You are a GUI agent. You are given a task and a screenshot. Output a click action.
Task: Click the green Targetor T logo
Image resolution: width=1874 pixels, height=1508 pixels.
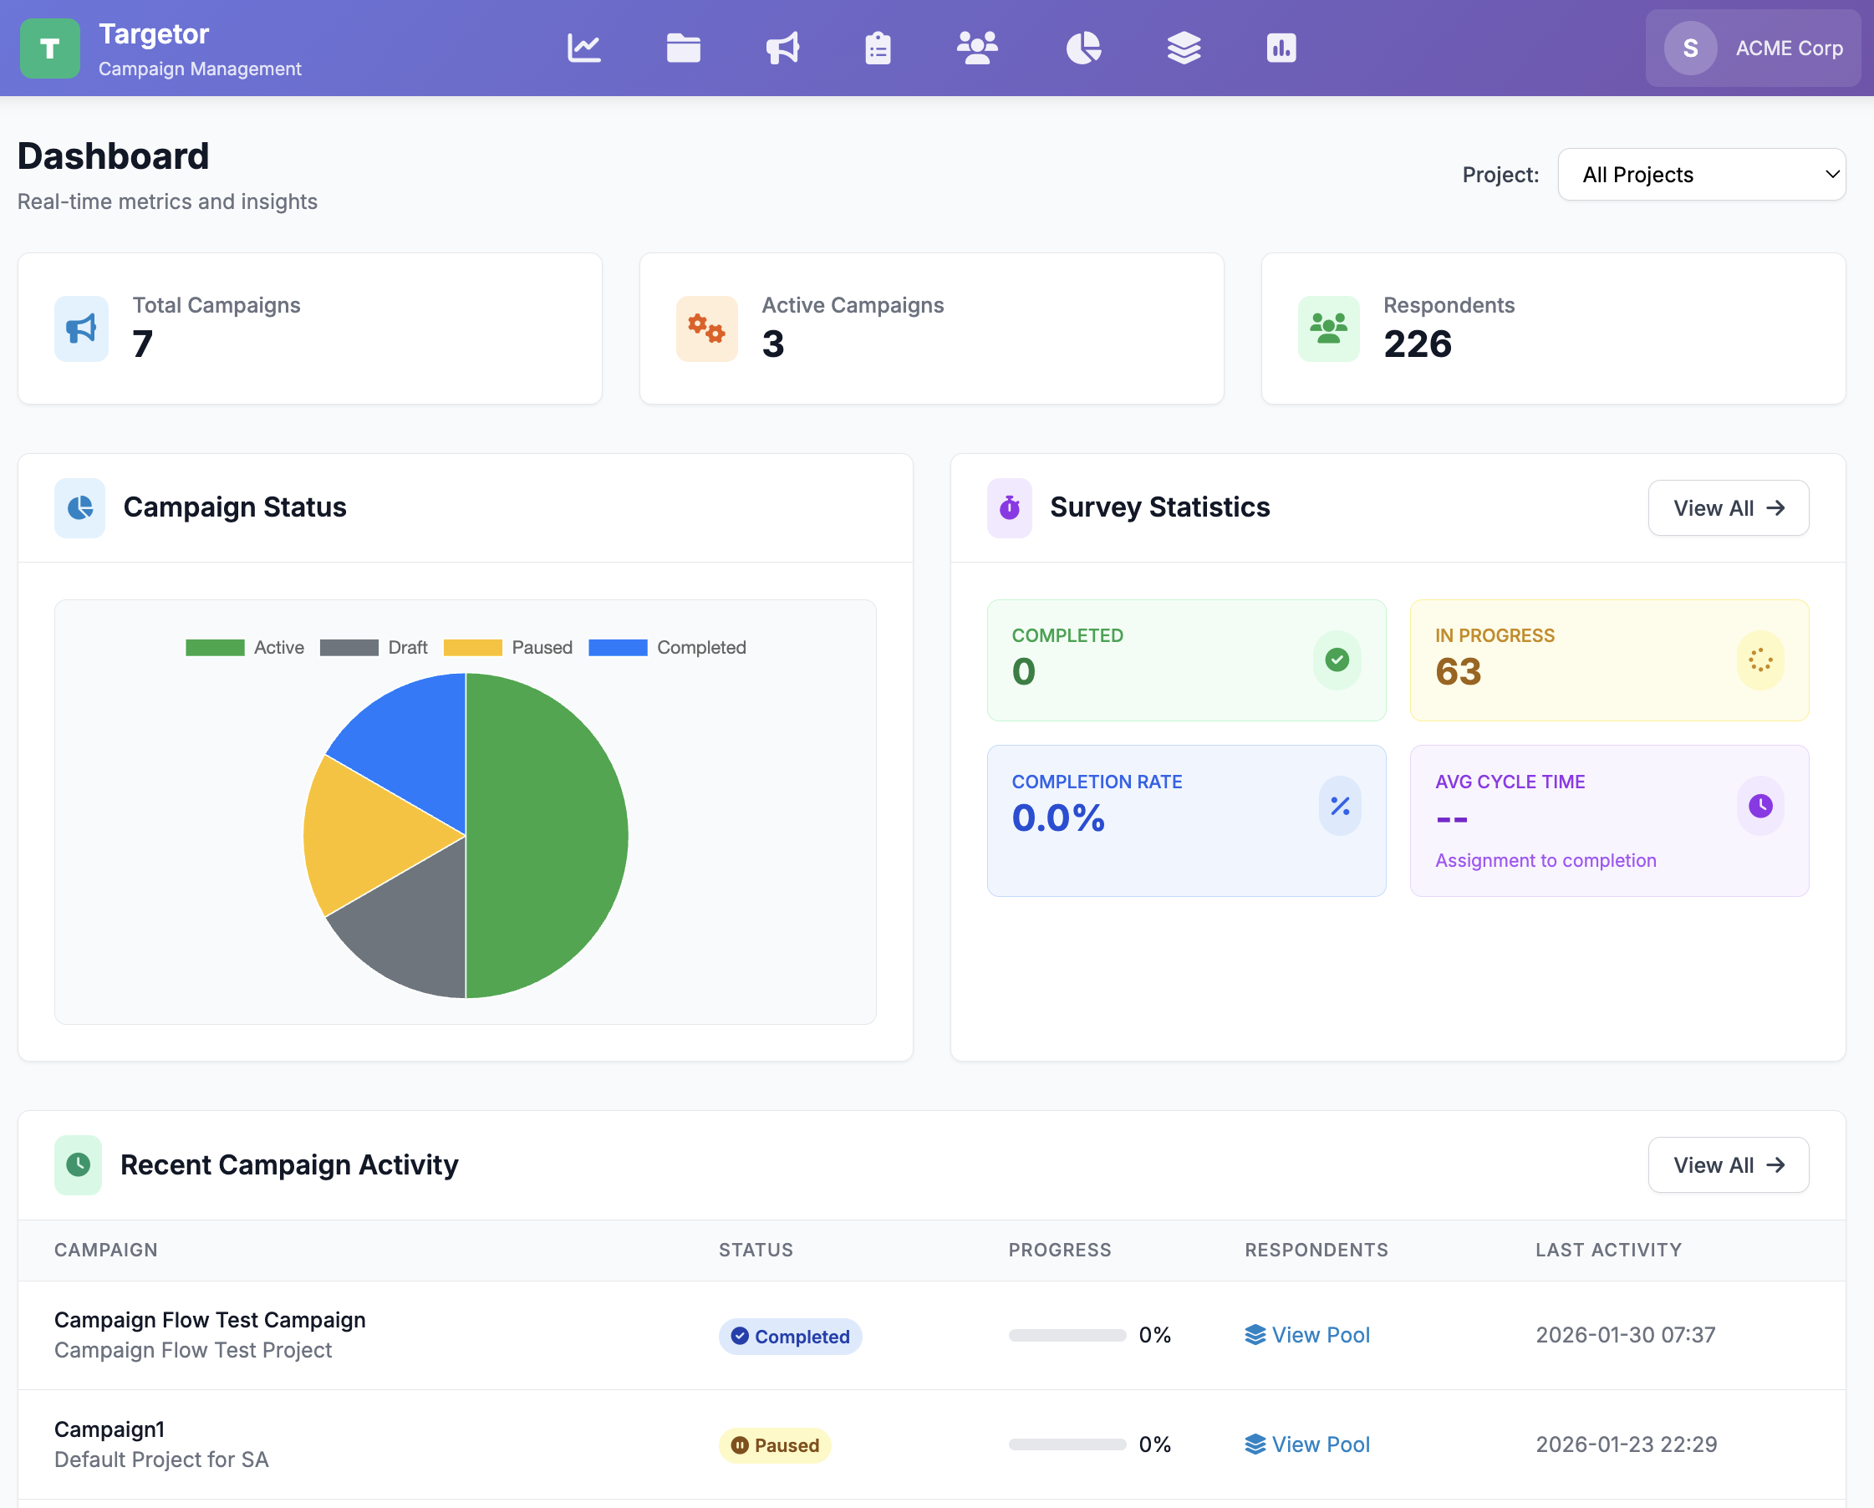point(49,48)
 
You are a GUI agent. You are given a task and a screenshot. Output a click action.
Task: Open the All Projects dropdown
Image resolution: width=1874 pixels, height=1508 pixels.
point(1700,175)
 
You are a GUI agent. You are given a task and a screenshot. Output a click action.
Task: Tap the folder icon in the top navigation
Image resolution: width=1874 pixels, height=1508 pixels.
point(683,48)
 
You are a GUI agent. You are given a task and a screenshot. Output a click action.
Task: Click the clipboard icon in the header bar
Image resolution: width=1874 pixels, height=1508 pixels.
point(878,48)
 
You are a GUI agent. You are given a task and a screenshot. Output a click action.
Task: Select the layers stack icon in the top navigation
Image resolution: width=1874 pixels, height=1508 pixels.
point(1183,48)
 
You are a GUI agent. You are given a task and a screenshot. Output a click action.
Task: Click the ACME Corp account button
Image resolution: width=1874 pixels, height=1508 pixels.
point(1752,48)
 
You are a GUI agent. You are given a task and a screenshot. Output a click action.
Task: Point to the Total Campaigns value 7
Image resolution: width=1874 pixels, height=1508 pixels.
point(143,344)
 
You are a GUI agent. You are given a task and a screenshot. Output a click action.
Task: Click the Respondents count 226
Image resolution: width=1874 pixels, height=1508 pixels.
point(1417,344)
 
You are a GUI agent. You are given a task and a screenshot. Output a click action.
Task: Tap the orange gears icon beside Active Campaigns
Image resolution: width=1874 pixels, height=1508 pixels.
point(705,329)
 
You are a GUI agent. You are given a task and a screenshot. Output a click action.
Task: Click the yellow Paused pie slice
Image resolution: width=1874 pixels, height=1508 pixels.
point(365,834)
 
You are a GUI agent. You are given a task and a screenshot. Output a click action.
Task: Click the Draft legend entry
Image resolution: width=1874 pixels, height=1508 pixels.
point(374,648)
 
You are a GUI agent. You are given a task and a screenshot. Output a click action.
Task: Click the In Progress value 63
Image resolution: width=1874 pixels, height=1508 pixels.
point(1458,671)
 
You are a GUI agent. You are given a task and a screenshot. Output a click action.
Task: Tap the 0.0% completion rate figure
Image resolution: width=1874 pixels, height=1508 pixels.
point(1057,818)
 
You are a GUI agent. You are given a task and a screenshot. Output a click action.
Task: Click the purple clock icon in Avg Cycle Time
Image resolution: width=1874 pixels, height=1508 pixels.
point(1759,806)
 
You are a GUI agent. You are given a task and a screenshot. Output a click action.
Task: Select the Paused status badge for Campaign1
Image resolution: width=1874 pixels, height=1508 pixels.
point(775,1444)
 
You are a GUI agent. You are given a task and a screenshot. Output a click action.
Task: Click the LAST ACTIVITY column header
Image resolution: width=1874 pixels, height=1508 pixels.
point(1607,1250)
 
